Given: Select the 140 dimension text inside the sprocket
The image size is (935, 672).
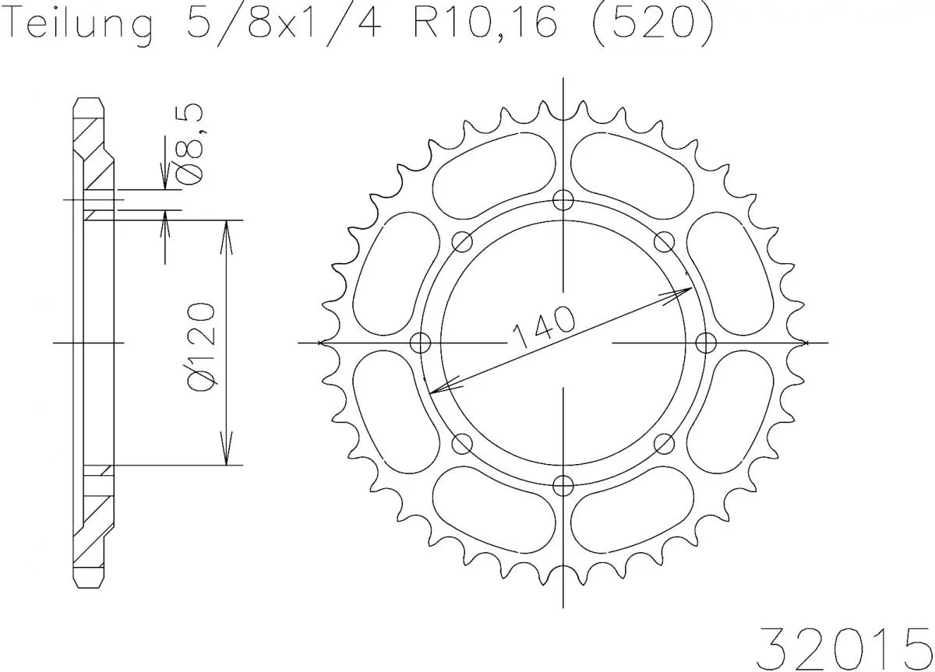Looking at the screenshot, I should click(x=543, y=326).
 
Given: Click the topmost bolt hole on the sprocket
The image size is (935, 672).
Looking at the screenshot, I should click(x=563, y=199).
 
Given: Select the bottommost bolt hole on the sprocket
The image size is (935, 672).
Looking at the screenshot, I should click(x=563, y=485).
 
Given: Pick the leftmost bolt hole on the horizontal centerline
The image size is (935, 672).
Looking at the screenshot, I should click(x=420, y=342).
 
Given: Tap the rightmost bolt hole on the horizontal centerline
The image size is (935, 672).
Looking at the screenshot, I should click(x=705, y=342).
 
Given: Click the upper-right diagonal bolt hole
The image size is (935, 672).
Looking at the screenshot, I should click(x=664, y=241).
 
